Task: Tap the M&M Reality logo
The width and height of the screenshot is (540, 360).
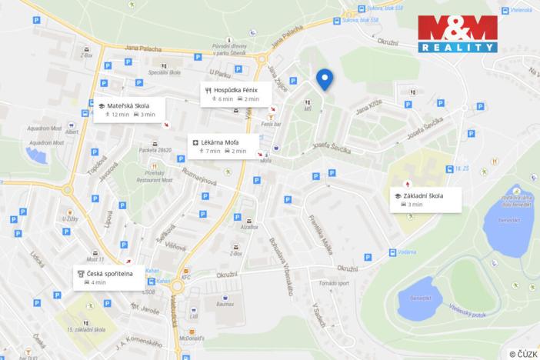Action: pyautogui.click(x=457, y=33)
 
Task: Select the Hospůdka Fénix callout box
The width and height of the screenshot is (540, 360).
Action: pyautogui.click(x=233, y=94)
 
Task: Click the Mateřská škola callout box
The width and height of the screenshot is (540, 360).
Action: pyautogui.click(x=128, y=109)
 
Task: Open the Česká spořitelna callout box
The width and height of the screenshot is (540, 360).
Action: pyautogui.click(x=108, y=277)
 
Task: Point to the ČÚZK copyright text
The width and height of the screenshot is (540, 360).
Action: pyautogui.click(x=523, y=354)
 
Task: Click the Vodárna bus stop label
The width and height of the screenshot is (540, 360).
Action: pyautogui.click(x=410, y=252)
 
